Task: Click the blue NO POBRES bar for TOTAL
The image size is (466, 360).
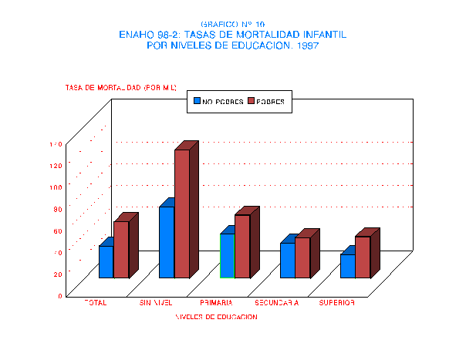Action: [x=106, y=262]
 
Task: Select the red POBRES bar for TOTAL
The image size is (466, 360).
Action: [x=121, y=250]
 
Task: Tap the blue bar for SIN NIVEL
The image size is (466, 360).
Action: [x=167, y=242]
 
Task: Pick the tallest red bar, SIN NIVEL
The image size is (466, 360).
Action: [x=182, y=214]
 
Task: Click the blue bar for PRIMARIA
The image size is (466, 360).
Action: [x=227, y=255]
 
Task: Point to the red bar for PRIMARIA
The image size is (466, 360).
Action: [x=242, y=246]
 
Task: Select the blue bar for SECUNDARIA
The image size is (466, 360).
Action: [x=287, y=261]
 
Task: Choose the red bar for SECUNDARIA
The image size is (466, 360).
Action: [x=302, y=257]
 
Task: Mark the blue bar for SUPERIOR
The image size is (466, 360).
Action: [x=348, y=266]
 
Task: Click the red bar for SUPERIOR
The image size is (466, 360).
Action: [x=363, y=257]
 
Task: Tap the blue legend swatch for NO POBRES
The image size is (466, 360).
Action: [x=198, y=101]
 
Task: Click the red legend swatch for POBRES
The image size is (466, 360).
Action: [x=251, y=101]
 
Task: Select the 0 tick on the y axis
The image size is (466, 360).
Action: [x=59, y=295]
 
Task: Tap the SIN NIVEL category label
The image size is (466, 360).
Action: [x=155, y=303]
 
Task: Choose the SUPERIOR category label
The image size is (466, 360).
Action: [x=338, y=303]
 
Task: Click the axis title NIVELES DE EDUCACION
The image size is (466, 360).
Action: [x=216, y=317]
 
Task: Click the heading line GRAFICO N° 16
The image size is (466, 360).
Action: [x=232, y=25]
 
